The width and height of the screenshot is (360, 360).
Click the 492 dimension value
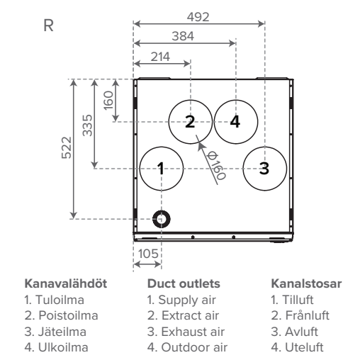coord(198,17)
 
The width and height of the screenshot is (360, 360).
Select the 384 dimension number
coord(183,36)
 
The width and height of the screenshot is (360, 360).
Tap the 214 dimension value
coord(160,57)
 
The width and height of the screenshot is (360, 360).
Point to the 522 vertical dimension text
coord(67,147)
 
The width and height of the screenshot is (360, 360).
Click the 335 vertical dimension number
coord(87,125)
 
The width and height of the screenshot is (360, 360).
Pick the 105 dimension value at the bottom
coord(148,254)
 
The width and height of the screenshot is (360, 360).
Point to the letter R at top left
coord(48,26)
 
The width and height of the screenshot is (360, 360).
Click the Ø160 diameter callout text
coord(216,165)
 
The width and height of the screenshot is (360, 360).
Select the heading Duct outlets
coord(184,283)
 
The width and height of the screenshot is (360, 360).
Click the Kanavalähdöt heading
coord(66,283)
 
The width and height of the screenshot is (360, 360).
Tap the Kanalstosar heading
coord(306,283)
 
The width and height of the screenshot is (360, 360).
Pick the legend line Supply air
coord(181,300)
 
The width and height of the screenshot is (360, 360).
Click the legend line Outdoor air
coord(187,347)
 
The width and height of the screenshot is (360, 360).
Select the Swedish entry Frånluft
coord(300,315)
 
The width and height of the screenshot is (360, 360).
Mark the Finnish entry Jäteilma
coord(55,332)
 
